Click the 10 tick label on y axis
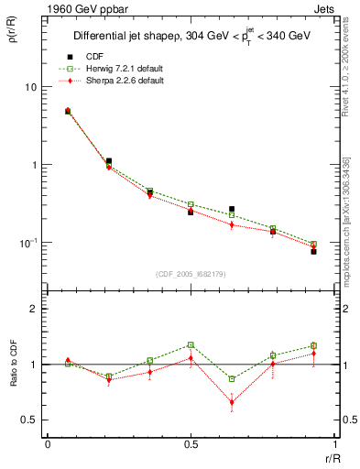click(30, 87)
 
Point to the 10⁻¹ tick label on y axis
click(28, 243)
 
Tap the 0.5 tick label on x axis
click(191, 445)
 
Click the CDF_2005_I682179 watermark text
click(191, 273)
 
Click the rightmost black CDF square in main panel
click(313, 251)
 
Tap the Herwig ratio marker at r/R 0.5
click(191, 345)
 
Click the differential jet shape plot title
click(191, 37)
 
